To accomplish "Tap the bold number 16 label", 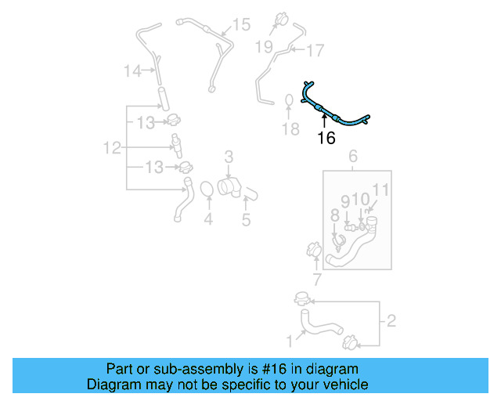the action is pyautogui.click(x=326, y=138).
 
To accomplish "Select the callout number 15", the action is pyautogui.click(x=241, y=25).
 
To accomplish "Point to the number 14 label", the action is pyautogui.click(x=133, y=71).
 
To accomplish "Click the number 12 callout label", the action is pyautogui.click(x=112, y=146).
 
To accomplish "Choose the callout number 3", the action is pyautogui.click(x=229, y=157).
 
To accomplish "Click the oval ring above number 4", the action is pyautogui.click(x=207, y=190).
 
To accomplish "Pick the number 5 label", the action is pyautogui.click(x=246, y=220).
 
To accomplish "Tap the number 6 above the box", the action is pyautogui.click(x=352, y=157).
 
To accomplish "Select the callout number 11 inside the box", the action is pyautogui.click(x=380, y=190).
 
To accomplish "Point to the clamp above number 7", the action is pyautogui.click(x=314, y=251).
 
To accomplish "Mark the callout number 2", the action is pyautogui.click(x=391, y=320).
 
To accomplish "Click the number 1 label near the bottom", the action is pyautogui.click(x=290, y=340).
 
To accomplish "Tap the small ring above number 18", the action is pyautogui.click(x=289, y=100).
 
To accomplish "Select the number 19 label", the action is pyautogui.click(x=264, y=47).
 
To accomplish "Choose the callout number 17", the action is pyautogui.click(x=315, y=51).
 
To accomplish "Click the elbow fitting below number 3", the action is pyautogui.click(x=228, y=186).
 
